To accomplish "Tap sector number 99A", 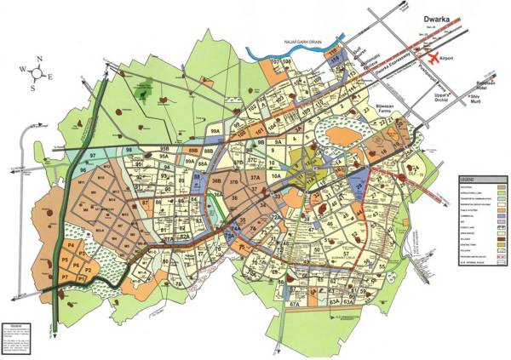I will [216, 133].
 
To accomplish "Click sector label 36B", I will [216, 181].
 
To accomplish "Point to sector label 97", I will [91, 158].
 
